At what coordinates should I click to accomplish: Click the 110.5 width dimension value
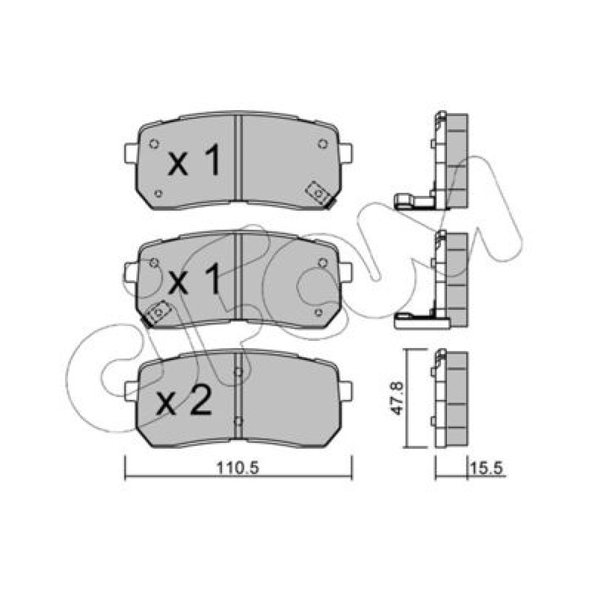tap(237, 468)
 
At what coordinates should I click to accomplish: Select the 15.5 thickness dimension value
tap(487, 468)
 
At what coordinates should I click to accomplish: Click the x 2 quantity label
tap(184, 403)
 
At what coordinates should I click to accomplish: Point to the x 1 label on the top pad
tap(194, 162)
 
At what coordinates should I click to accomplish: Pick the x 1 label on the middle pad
tap(194, 279)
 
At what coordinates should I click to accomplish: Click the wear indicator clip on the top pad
tap(318, 194)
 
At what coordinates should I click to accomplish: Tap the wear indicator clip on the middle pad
tap(159, 312)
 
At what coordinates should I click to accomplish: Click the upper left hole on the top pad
tap(154, 144)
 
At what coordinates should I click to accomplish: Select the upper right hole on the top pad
tap(322, 144)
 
